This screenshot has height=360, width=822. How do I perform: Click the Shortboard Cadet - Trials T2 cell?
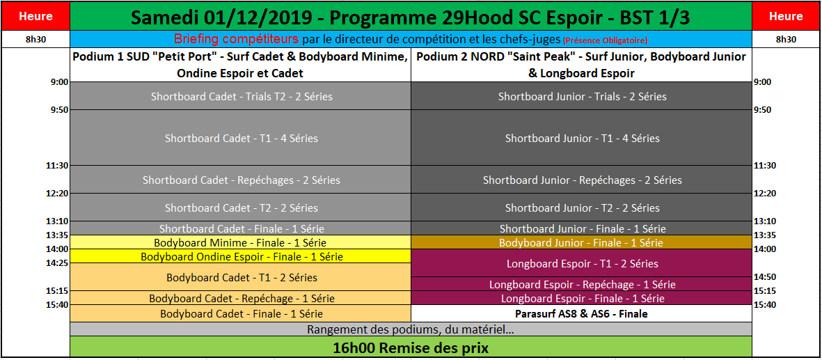pyautogui.click(x=241, y=96)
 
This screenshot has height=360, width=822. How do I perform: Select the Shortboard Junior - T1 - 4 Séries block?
pyautogui.click(x=581, y=138)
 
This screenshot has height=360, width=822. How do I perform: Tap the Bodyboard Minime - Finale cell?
pyautogui.click(x=241, y=242)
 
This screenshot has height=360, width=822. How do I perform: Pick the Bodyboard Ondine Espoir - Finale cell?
pyautogui.click(x=241, y=256)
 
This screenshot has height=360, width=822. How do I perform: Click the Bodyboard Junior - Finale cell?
pyautogui.click(x=581, y=242)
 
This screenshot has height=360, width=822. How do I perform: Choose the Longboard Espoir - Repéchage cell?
pyautogui.click(x=581, y=284)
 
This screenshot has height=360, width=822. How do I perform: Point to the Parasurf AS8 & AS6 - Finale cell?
pyautogui.click(x=581, y=314)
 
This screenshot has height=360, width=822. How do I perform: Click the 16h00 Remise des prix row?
pyautogui.click(x=411, y=347)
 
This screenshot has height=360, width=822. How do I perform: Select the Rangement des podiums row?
pyautogui.click(x=411, y=329)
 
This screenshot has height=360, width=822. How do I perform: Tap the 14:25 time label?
pyautogui.click(x=57, y=263)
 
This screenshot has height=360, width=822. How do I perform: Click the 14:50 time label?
pyautogui.click(x=764, y=276)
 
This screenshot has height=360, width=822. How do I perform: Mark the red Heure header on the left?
pyautogui.click(x=35, y=16)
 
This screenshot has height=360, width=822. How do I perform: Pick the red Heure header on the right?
pyautogui.click(x=786, y=16)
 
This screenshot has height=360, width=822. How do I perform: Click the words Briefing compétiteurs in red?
pyautogui.click(x=237, y=39)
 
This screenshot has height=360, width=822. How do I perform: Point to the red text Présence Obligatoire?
pyautogui.click(x=606, y=40)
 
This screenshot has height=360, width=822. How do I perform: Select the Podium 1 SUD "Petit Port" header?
pyautogui.click(x=241, y=65)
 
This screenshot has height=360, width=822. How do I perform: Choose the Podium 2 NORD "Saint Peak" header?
pyautogui.click(x=581, y=65)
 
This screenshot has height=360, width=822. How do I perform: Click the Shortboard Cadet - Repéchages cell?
pyautogui.click(x=241, y=180)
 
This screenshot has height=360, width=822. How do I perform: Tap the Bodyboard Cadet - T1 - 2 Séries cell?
pyautogui.click(x=241, y=276)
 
